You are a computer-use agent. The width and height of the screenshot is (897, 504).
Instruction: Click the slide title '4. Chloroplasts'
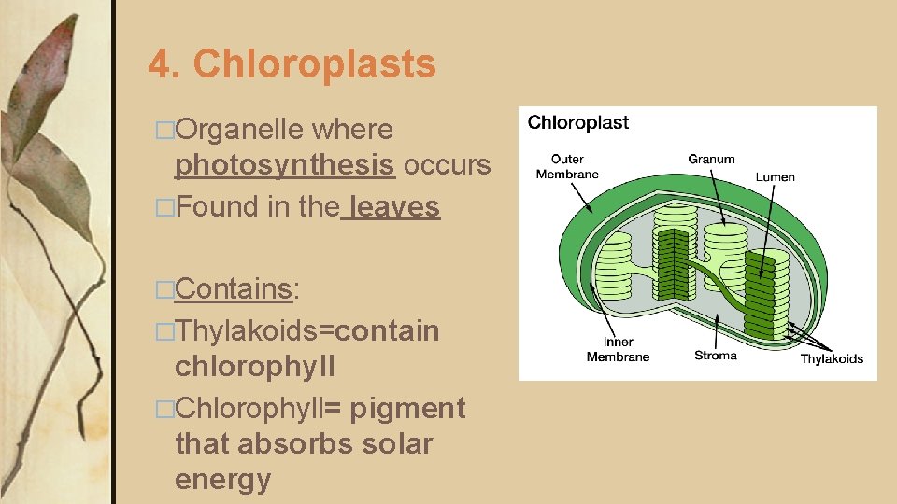(x=292, y=64)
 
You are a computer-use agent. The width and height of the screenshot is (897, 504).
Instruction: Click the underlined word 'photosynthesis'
(x=285, y=165)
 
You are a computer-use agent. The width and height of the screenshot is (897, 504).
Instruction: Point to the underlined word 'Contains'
(x=234, y=289)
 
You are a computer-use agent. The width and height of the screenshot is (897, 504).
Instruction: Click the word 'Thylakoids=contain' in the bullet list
(x=306, y=330)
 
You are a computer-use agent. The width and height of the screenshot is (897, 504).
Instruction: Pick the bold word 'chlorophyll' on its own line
(x=254, y=366)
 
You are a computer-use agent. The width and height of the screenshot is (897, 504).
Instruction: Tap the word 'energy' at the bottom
(x=222, y=480)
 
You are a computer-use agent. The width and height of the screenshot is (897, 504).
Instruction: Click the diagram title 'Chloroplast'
(x=578, y=122)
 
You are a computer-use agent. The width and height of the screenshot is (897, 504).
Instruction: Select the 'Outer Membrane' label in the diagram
(x=567, y=166)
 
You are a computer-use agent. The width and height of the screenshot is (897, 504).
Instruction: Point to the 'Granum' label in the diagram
(x=711, y=159)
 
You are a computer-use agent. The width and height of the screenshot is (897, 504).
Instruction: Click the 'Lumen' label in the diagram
(x=776, y=176)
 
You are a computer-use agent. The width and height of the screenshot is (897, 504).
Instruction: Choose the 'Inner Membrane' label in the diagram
(x=618, y=350)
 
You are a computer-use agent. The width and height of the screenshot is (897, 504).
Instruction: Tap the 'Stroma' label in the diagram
(x=715, y=356)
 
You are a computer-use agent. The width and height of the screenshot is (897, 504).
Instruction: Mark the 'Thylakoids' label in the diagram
(x=832, y=359)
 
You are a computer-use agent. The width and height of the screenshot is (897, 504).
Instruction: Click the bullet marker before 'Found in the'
(x=165, y=207)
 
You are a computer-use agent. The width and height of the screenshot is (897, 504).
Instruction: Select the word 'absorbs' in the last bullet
(x=294, y=443)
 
